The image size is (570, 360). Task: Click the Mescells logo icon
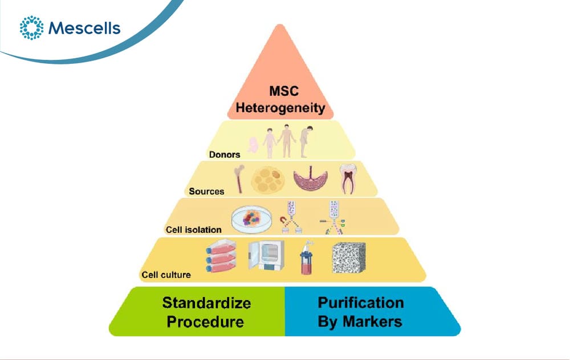tap(31, 27)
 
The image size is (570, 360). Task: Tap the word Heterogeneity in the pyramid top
tap(280, 108)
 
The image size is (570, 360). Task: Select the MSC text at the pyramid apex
tap(284, 91)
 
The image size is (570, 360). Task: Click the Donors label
tap(225, 155)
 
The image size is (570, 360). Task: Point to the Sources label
tap(206, 191)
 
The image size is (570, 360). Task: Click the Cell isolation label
tap(193, 230)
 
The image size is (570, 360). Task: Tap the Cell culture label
tap(166, 275)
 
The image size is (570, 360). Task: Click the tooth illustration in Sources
tap(348, 179)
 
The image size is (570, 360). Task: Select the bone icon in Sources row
tap(239, 178)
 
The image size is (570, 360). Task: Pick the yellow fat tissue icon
tap(268, 180)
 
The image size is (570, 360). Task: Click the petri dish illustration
tap(251, 219)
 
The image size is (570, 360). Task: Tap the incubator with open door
tap(266, 256)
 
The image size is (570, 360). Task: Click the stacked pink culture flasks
tap(221, 257)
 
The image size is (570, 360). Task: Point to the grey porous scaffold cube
tap(349, 257)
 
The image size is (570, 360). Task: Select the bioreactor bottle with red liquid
tap(307, 257)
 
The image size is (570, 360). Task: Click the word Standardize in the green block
tap(206, 302)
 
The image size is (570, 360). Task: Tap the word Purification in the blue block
tap(361, 302)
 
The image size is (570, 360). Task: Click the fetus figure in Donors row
tap(253, 145)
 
